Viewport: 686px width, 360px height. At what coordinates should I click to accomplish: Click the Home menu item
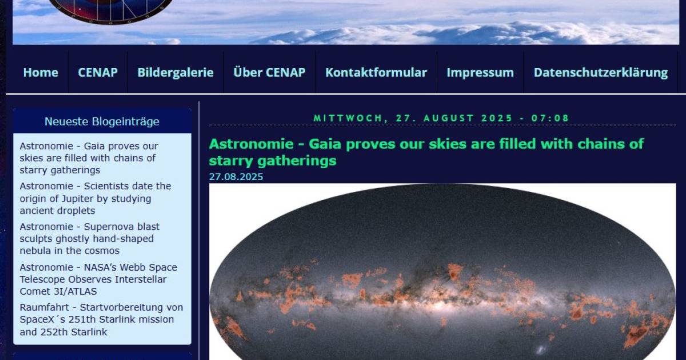point(41,73)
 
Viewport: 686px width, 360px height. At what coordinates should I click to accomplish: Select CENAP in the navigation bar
point(98,73)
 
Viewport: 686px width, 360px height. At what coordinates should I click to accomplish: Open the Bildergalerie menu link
point(176,73)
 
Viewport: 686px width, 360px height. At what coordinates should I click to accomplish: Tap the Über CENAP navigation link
point(269,73)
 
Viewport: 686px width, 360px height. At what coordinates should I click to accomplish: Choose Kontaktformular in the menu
point(376,73)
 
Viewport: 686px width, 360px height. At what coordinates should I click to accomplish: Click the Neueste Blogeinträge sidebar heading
point(102,122)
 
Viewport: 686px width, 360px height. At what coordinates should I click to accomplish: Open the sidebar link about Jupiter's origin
point(95,198)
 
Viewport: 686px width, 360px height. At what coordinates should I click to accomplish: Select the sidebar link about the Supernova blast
point(90,239)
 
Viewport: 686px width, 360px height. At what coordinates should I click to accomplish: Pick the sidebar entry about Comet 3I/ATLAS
point(98,279)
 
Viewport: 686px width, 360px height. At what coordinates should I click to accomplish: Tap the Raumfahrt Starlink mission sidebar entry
point(101,319)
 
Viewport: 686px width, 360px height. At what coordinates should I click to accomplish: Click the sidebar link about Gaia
point(89,158)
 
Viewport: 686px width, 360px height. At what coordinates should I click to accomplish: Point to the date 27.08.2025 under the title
point(236,177)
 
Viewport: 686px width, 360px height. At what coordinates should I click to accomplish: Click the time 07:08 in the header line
point(551,118)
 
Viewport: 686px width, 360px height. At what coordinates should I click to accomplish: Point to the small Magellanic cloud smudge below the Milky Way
point(541,349)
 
